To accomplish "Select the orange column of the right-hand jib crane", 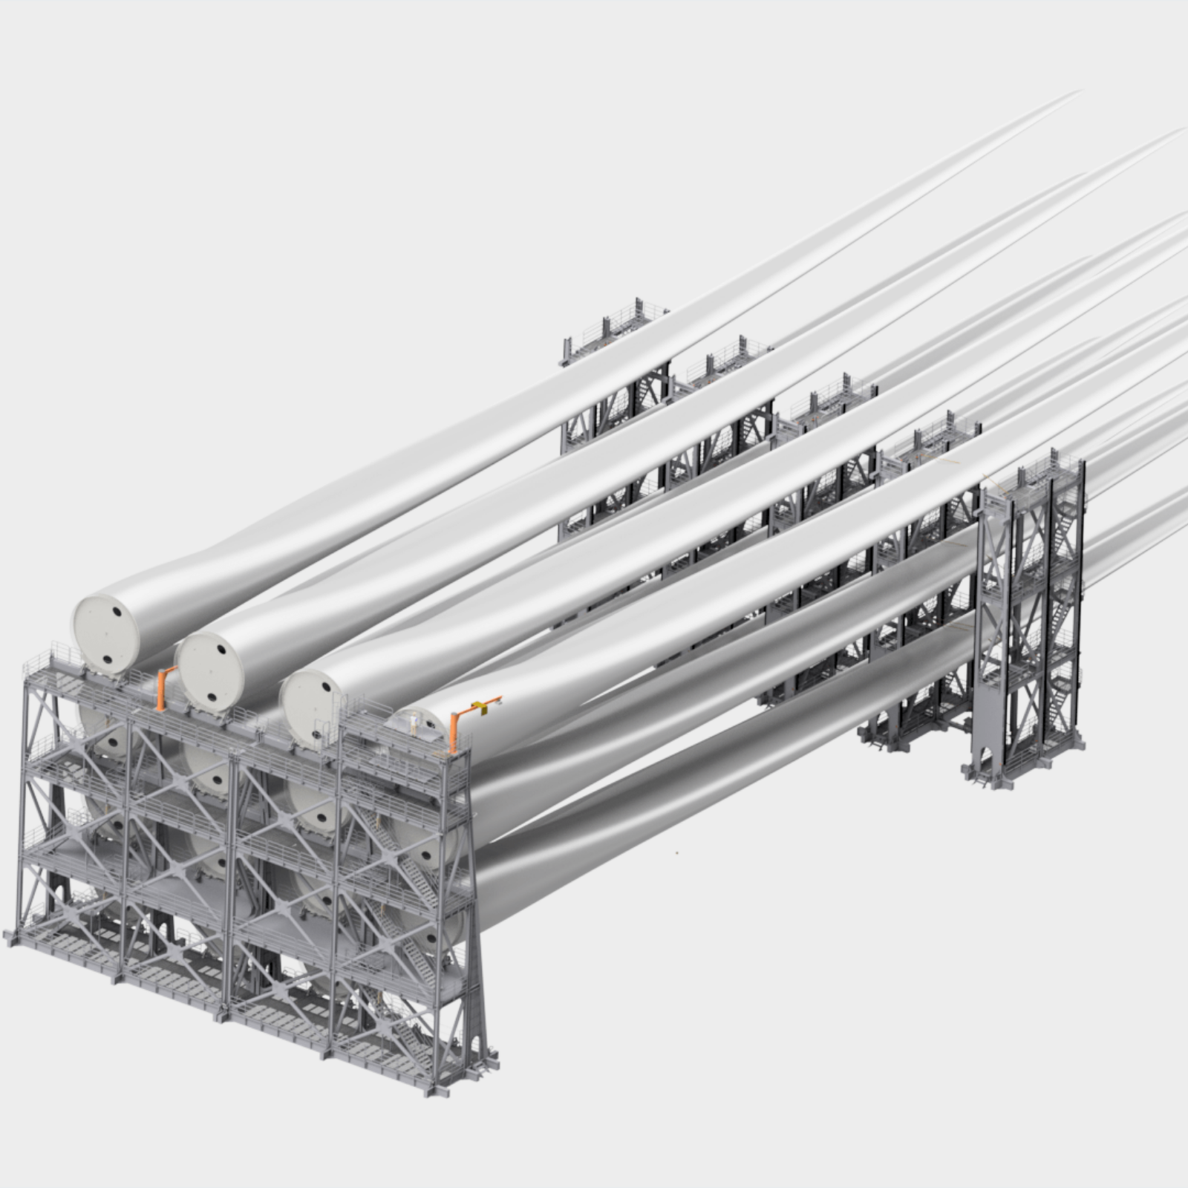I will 454,734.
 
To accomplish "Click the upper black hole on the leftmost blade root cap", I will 117,612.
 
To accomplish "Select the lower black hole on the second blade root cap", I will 212,696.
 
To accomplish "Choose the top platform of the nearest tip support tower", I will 1032,475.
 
